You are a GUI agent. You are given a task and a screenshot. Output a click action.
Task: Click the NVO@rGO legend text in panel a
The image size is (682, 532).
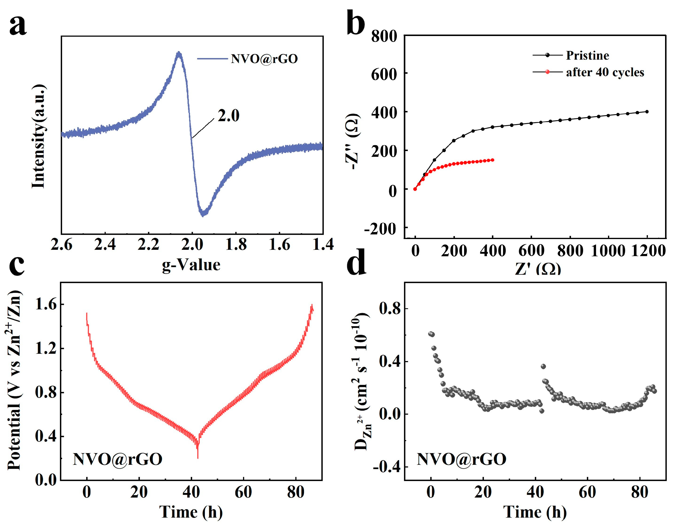[x=264, y=59]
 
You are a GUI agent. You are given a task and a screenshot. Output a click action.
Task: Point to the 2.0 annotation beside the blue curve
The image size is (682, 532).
[x=228, y=116]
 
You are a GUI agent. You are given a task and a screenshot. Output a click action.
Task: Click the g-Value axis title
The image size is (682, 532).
[x=191, y=265]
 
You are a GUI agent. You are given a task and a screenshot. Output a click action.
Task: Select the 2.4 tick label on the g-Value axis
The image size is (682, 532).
[x=105, y=244]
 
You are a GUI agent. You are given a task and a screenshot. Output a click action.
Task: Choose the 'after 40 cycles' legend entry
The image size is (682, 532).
[x=605, y=72]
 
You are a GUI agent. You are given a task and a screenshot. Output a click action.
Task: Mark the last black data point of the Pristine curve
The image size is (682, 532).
[x=647, y=111]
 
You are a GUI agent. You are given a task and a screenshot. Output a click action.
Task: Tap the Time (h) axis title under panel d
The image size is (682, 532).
[x=535, y=512]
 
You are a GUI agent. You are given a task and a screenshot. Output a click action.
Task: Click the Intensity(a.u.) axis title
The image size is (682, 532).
[x=39, y=136]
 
